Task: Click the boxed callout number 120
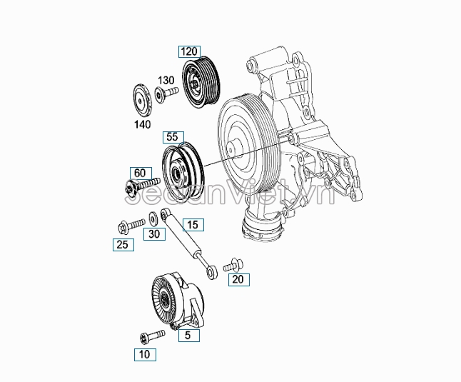(x=188, y=51)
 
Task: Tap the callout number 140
(x=143, y=124)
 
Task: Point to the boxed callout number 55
(x=173, y=136)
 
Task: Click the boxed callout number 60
(x=140, y=173)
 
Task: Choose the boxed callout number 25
(x=122, y=246)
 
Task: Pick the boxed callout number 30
(x=154, y=233)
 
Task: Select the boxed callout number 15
(x=192, y=225)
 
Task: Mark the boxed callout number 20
(x=239, y=279)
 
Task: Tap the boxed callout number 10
(x=145, y=353)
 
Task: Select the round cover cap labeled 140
(x=142, y=100)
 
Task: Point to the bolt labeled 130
(x=168, y=94)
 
